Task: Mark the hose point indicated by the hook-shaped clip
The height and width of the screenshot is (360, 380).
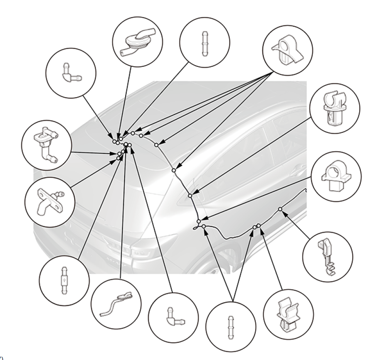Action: coord(280,209)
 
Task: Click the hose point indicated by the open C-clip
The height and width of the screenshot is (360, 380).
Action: coord(190,195)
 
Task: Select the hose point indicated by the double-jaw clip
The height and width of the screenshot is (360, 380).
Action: coord(259,225)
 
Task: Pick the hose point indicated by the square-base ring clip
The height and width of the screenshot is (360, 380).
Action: coord(199,220)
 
